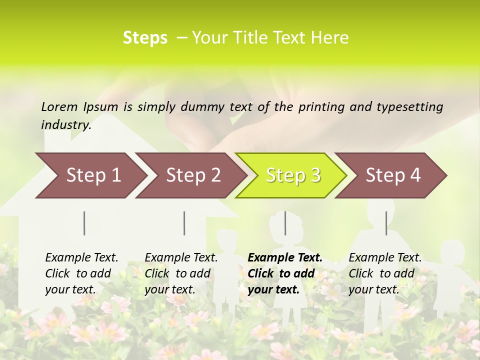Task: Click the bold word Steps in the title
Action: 145,38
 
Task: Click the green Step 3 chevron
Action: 293,175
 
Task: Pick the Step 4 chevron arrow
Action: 393,175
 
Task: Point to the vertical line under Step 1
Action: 84,223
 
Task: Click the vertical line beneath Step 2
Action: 184,223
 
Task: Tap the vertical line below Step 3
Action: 285,223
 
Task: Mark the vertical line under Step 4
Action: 386,223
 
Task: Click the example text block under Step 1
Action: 81,273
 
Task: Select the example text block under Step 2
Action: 181,273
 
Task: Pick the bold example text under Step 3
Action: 285,273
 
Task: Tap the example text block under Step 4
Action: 385,273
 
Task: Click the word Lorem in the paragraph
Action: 59,106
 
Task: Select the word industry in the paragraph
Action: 66,124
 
